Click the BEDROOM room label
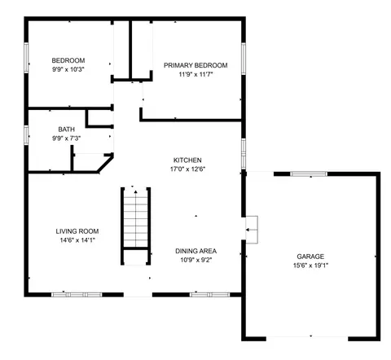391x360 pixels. (x=68, y=60)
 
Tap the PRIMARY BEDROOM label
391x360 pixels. (x=195, y=65)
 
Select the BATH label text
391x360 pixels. (x=67, y=130)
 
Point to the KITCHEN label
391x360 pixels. (x=187, y=160)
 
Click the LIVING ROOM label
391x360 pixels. (x=77, y=231)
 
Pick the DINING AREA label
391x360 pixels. (x=195, y=251)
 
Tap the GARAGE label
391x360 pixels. (x=310, y=257)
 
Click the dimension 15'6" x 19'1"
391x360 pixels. (x=310, y=266)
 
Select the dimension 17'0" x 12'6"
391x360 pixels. (x=187, y=169)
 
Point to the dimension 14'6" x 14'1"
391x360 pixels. (x=77, y=240)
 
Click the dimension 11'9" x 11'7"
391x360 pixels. (x=195, y=74)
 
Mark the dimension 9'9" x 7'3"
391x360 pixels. (x=67, y=138)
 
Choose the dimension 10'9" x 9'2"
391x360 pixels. (x=195, y=260)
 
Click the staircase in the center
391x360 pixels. (x=135, y=226)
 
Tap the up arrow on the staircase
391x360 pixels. (x=135, y=192)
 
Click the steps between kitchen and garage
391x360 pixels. (x=252, y=230)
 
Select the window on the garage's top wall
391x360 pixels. (x=309, y=173)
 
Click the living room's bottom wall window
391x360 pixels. (x=77, y=295)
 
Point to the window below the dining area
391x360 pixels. (x=209, y=295)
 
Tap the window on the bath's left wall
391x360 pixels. (x=26, y=135)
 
